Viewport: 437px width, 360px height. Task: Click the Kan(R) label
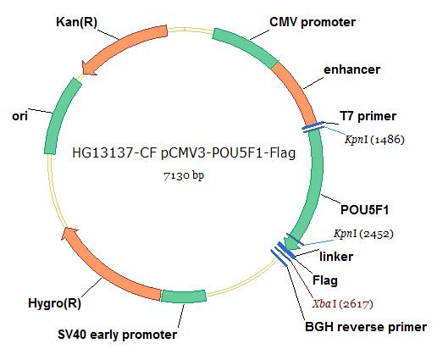(76, 22)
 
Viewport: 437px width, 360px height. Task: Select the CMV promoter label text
(313, 22)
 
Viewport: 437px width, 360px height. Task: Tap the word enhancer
(351, 69)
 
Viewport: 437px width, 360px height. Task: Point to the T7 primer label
(368, 116)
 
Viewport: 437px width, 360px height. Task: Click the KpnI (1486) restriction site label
(374, 139)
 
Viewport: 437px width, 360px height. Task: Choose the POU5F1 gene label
(364, 210)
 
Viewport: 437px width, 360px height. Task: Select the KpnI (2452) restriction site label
(363, 234)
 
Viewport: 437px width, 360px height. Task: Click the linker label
(336, 257)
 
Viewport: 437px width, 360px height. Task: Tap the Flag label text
(325, 280)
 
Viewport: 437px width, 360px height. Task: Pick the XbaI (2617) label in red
(342, 304)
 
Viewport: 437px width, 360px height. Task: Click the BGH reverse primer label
(366, 327)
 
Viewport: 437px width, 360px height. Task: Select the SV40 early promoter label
(117, 335)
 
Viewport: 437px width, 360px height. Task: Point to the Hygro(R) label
(54, 303)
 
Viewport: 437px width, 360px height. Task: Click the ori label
(19, 116)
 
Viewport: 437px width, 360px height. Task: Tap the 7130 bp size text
(184, 175)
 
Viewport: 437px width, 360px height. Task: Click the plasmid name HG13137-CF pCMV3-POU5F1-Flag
(184, 152)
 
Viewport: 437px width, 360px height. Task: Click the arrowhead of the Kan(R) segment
(89, 68)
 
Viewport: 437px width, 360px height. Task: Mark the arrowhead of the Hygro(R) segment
(69, 234)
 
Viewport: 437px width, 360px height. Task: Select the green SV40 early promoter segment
(184, 296)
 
